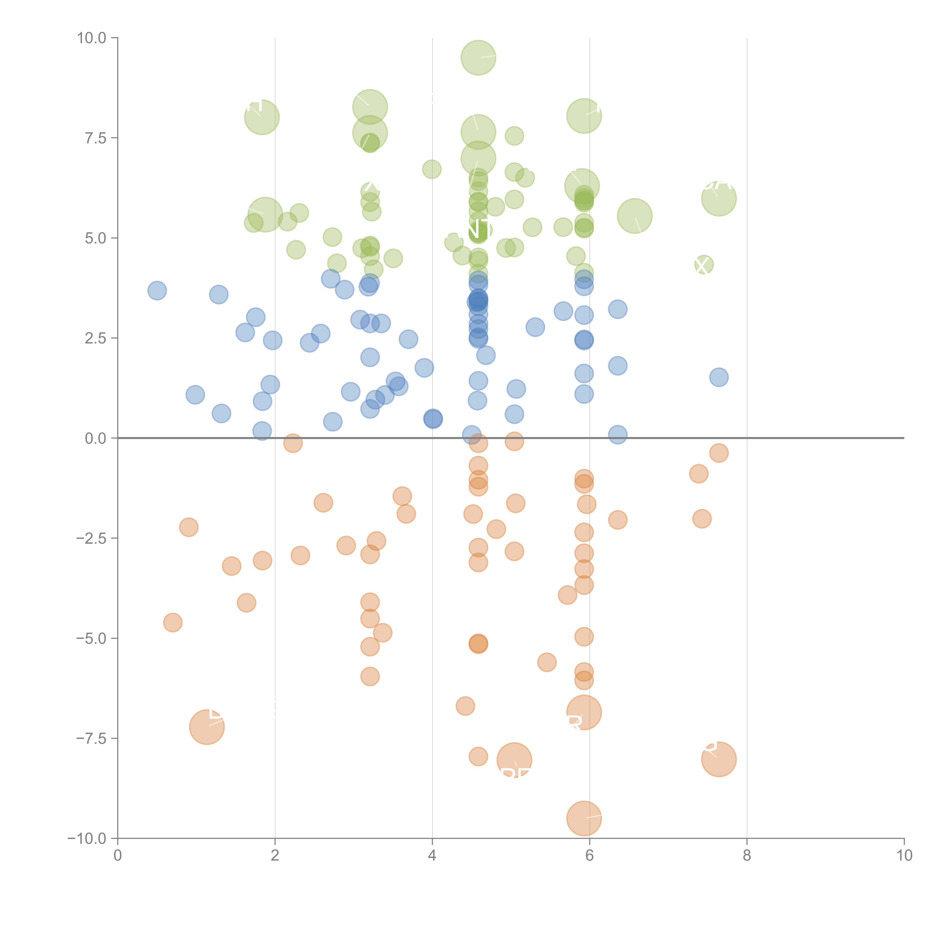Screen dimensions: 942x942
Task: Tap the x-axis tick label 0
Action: click(x=118, y=856)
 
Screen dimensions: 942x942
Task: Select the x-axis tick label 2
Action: click(x=275, y=856)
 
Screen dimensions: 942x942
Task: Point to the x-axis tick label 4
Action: click(x=432, y=856)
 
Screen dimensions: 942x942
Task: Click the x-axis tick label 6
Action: click(x=590, y=856)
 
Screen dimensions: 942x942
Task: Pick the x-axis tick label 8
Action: click(x=747, y=856)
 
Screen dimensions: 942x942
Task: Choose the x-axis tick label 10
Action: click(x=904, y=856)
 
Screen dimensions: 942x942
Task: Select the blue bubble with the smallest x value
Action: click(x=157, y=291)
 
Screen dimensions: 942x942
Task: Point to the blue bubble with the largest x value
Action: click(x=719, y=377)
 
